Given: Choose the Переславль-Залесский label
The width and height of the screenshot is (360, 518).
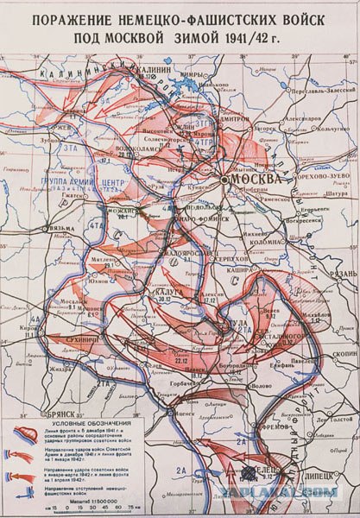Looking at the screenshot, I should pyautogui.click(x=320, y=88).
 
